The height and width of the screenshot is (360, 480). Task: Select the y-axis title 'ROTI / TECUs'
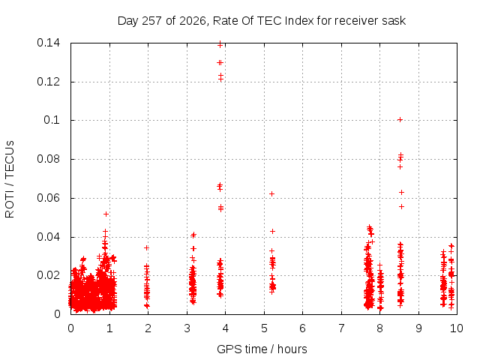tap(10, 179)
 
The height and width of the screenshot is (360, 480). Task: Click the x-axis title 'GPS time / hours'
tap(262, 349)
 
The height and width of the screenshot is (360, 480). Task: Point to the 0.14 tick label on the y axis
tap(48, 43)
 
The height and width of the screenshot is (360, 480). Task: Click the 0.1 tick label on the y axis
tap(52, 120)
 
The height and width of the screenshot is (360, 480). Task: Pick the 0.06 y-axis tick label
tap(48, 198)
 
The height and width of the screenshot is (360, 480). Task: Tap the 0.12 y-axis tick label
tap(48, 82)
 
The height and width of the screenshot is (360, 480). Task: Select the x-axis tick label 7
tap(341, 328)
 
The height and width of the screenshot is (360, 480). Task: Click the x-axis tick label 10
tap(456, 328)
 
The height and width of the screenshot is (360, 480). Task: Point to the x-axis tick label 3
tap(187, 328)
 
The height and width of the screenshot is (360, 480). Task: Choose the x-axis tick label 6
tap(302, 328)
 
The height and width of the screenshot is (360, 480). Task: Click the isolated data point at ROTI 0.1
tap(400, 120)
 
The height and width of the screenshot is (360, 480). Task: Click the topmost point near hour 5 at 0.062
tap(271, 193)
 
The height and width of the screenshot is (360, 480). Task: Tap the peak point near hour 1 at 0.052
tap(106, 214)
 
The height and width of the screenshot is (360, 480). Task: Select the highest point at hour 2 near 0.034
tap(147, 247)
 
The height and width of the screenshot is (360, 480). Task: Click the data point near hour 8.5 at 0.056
tap(402, 207)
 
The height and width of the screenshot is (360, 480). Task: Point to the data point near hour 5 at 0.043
tap(272, 231)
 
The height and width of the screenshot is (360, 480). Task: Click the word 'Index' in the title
tap(299, 21)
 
